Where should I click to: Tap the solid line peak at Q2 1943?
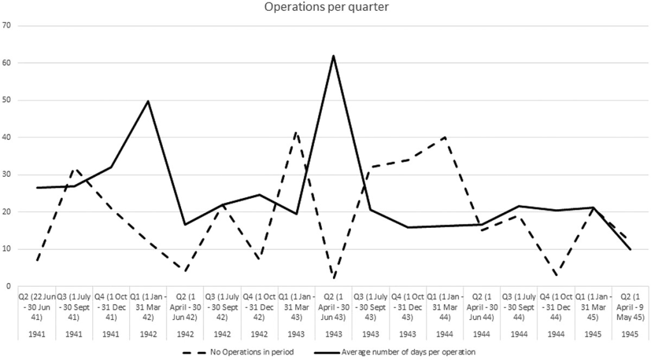coord(333,55)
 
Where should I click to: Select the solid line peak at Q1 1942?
coord(148,100)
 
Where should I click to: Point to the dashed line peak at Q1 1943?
coord(296,132)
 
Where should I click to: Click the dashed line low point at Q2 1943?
coord(333,278)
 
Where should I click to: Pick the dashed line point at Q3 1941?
coord(74,169)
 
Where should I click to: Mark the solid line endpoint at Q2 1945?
coord(629,249)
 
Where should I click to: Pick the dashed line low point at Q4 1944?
coord(556,275)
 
